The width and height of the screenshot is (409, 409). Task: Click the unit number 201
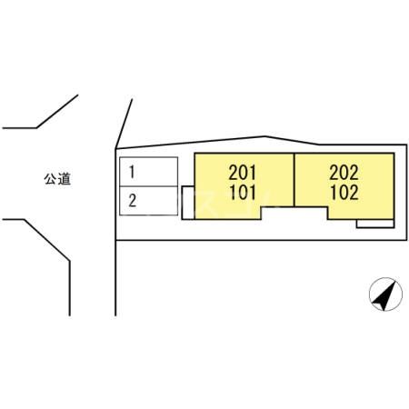point(243,173)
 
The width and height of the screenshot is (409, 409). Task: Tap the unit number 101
point(243,193)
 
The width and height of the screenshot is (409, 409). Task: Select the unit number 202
point(344,173)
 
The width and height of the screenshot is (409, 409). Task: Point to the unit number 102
point(344,193)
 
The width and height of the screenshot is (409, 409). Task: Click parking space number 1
point(148,172)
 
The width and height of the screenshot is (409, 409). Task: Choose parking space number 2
point(148,201)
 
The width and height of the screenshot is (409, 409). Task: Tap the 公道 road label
point(57,179)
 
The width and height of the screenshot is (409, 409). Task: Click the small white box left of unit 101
point(188,203)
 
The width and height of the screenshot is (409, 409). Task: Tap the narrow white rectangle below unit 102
point(375,224)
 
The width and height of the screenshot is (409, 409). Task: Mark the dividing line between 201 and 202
point(294,180)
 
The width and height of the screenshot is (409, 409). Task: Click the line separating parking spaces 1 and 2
point(148,186)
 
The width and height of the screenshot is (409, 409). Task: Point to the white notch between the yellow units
point(294,214)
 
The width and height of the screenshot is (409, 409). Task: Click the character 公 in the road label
point(51,179)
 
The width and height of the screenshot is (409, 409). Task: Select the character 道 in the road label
point(65,179)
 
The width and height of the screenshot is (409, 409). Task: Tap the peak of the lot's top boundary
point(265,136)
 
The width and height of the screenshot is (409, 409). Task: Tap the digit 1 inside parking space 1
point(132,172)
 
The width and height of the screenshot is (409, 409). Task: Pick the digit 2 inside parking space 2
point(133,201)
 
